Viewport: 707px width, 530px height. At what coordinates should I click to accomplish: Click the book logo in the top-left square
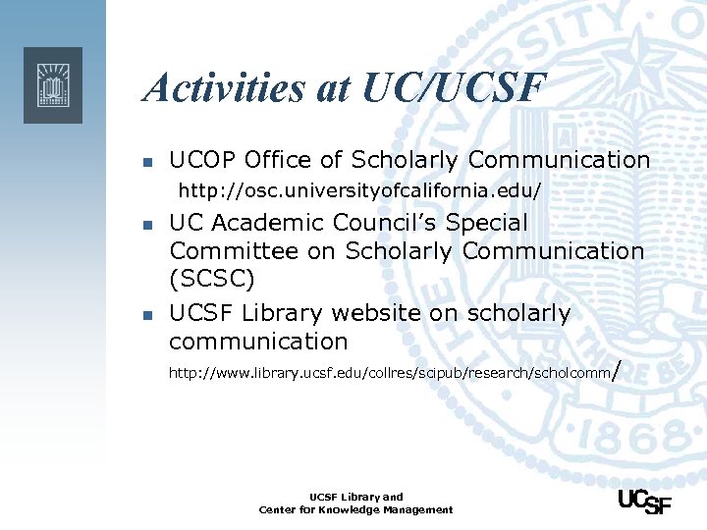53,85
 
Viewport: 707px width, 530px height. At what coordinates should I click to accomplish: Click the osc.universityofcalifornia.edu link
359,187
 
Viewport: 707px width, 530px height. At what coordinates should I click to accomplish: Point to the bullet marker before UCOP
146,162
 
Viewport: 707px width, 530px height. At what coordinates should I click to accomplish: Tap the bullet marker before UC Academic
146,225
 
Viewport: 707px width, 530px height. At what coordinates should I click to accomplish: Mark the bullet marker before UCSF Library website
146,315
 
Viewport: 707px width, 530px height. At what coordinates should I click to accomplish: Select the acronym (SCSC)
212,280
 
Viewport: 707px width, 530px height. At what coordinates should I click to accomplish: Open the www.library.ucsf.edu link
389,373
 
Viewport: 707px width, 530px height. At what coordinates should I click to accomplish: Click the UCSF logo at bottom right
644,502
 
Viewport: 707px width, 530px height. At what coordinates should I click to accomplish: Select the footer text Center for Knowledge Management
355,509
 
